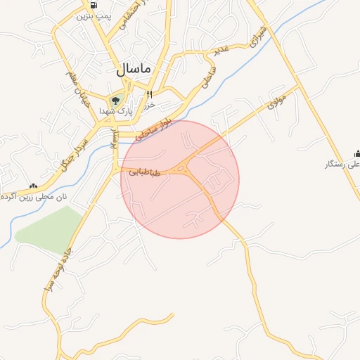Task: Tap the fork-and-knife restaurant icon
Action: pyautogui.click(x=149, y=95)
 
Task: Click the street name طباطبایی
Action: pyautogui.click(x=145, y=172)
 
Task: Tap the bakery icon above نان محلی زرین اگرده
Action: pyautogui.click(x=32, y=186)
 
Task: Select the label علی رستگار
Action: pyautogui.click(x=342, y=164)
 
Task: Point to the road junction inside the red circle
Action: pyautogui.click(x=185, y=168)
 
